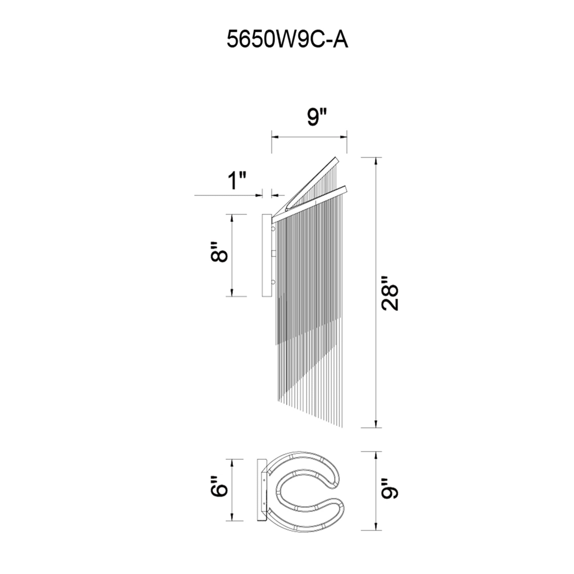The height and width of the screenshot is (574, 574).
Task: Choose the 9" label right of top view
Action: point(390,496)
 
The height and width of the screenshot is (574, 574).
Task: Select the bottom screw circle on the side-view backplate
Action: point(273,282)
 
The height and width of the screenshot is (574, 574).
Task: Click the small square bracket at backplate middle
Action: point(274,253)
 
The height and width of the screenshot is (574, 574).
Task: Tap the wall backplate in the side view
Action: point(266,255)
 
